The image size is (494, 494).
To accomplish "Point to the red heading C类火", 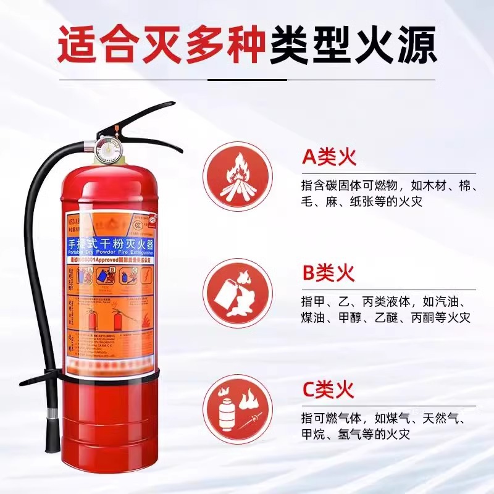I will pyautogui.click(x=328, y=390).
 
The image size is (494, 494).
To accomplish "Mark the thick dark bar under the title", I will pyautogui.click(x=247, y=80).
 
